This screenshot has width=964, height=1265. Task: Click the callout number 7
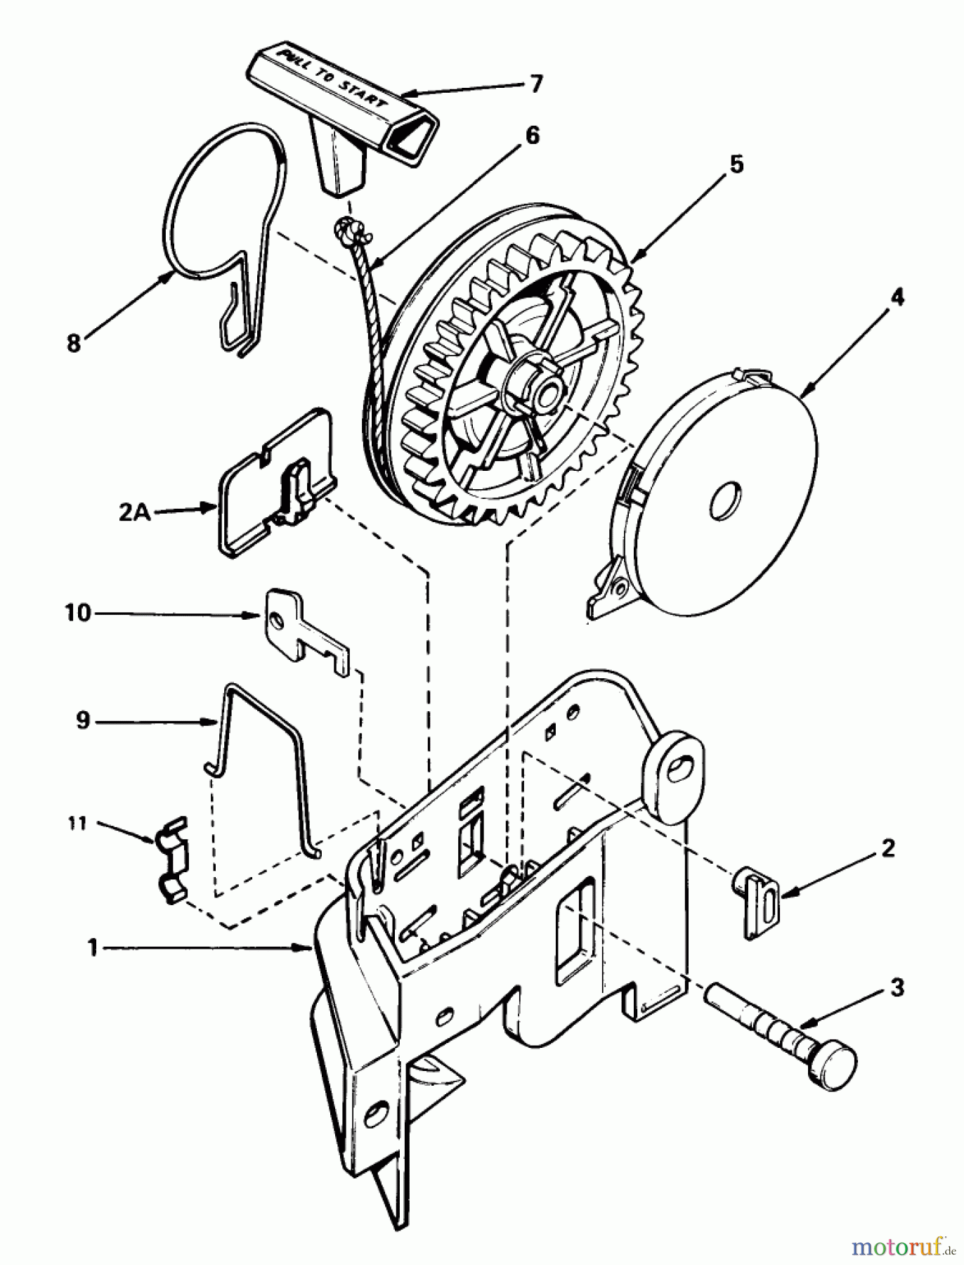(x=535, y=84)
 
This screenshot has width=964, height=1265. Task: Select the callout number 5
(x=735, y=166)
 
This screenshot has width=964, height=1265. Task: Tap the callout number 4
(x=897, y=297)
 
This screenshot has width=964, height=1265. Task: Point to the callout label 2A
(x=133, y=513)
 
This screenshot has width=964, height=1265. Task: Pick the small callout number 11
(x=77, y=823)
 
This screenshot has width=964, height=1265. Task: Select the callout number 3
(x=897, y=987)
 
